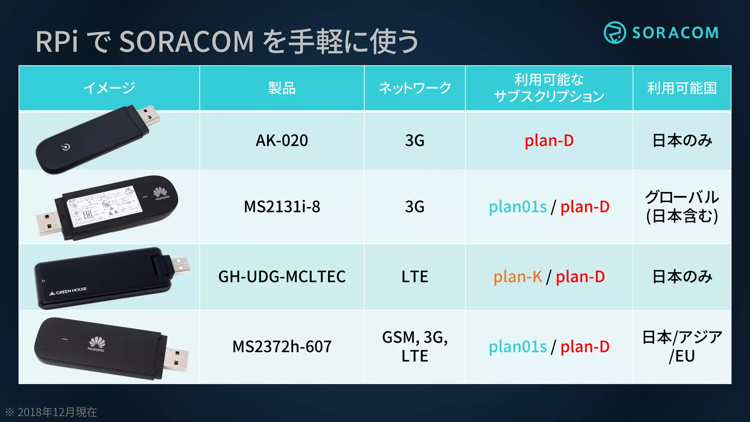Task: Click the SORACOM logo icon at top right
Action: (x=615, y=33)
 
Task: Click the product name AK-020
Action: (x=282, y=141)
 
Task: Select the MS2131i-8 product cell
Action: (x=282, y=207)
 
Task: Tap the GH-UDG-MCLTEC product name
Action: (x=282, y=277)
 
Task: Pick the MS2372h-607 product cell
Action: (x=282, y=347)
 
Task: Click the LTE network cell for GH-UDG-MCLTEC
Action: (x=415, y=277)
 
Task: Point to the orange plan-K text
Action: (x=517, y=277)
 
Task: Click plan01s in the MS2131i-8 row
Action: (x=517, y=207)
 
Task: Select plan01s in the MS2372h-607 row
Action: (x=517, y=347)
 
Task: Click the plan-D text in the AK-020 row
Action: (x=549, y=141)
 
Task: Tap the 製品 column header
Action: (x=282, y=88)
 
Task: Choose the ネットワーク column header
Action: (x=415, y=88)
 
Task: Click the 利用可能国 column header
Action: (x=682, y=88)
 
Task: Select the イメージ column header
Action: (x=109, y=88)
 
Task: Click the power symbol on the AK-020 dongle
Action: (x=66, y=147)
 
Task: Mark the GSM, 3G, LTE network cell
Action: (x=415, y=347)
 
